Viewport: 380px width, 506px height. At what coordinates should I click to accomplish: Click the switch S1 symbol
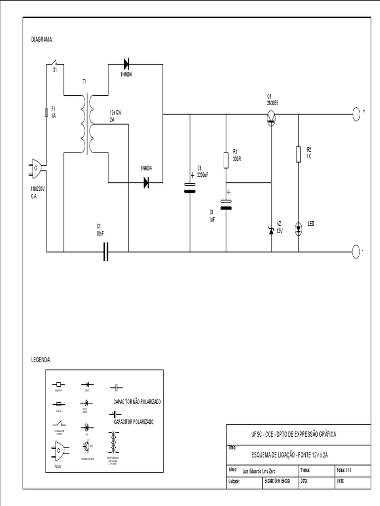[x=54, y=64]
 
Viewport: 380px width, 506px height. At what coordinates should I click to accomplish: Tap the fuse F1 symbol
[x=46, y=113]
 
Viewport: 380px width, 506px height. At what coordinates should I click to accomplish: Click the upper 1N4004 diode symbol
[x=126, y=63]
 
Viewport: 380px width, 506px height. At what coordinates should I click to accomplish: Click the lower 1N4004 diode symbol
[x=146, y=183]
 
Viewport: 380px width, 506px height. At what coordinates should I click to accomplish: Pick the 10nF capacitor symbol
[x=105, y=252]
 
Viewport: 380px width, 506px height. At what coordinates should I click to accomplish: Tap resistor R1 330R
[x=226, y=159]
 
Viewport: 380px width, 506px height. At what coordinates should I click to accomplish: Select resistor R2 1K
[x=298, y=154]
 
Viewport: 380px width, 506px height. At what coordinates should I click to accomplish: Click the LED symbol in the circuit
[x=298, y=228]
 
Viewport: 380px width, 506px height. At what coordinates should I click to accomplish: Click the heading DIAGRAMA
[x=42, y=39]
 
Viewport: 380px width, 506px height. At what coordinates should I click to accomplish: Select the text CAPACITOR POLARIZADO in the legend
[x=134, y=422]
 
